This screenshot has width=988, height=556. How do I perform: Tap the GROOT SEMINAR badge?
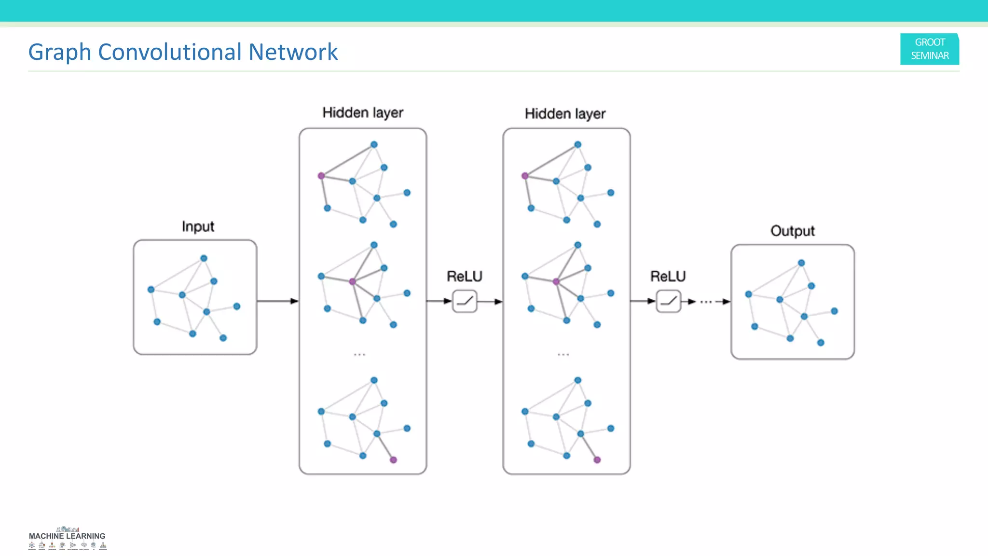tap(929, 49)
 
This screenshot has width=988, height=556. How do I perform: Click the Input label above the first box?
tap(198, 226)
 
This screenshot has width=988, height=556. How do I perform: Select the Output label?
tap(792, 231)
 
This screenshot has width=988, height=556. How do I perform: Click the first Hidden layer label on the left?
tap(362, 113)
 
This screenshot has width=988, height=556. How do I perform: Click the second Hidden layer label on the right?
tap(565, 114)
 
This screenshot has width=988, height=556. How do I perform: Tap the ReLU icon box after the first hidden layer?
tap(465, 301)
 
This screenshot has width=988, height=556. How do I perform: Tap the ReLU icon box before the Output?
tap(668, 301)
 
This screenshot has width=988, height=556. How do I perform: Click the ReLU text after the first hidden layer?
tap(464, 277)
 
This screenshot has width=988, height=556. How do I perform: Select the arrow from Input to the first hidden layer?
tap(277, 301)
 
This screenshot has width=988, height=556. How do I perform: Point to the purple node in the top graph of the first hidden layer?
tap(321, 176)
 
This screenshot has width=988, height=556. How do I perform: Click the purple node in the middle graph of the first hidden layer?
tap(353, 281)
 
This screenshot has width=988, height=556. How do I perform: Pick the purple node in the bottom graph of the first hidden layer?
tap(393, 460)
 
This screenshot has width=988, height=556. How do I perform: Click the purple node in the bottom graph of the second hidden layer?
tap(597, 460)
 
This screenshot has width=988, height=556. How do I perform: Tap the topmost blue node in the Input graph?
tap(204, 258)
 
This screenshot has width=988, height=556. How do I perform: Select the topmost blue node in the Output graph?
tap(801, 263)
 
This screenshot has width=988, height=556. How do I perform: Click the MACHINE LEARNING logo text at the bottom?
tap(67, 536)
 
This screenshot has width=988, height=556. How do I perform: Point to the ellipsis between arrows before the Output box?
tap(706, 302)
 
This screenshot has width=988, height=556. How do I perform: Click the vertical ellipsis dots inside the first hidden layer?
tap(359, 355)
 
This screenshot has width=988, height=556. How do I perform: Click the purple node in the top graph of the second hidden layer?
tap(525, 176)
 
